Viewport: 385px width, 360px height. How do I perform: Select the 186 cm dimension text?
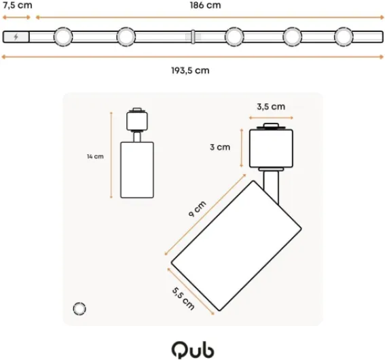(x=206, y=5)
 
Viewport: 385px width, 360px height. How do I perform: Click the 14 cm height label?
(x=95, y=156)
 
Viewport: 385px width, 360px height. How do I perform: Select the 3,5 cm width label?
(x=270, y=107)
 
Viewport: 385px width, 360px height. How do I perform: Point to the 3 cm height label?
(x=219, y=147)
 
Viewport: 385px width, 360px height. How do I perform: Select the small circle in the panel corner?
(x=79, y=308)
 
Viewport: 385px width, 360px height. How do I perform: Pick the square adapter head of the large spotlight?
(x=271, y=147)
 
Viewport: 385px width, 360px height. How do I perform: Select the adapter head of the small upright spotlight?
(x=136, y=120)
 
